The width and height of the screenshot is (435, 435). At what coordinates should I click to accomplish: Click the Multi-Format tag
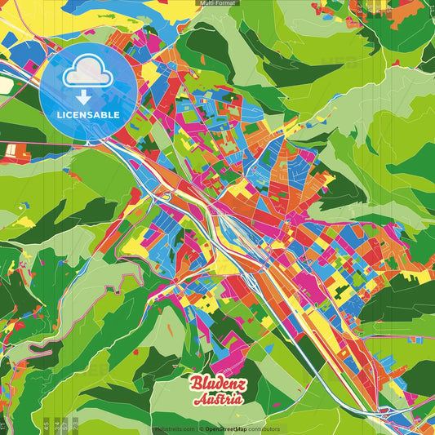217,4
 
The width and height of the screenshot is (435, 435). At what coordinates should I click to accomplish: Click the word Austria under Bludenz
217,400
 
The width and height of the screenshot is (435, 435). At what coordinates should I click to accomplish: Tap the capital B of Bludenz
197,384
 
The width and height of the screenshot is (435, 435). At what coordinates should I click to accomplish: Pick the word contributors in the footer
264,428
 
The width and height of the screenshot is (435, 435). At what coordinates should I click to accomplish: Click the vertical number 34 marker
56,424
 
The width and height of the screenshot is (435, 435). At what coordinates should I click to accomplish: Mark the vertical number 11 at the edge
4,424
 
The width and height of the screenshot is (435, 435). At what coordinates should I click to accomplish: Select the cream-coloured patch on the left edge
6,85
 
